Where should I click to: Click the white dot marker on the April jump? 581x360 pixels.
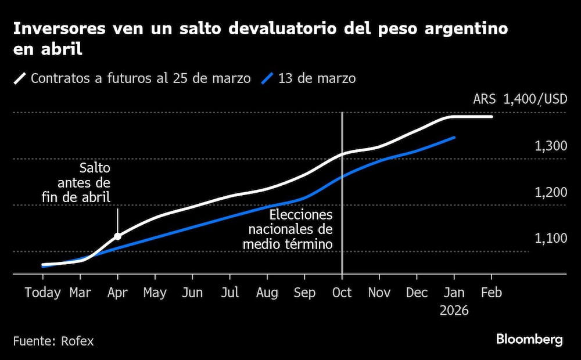[117, 236]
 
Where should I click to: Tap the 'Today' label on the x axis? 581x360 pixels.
[42, 293]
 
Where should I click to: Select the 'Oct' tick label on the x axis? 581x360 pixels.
[342, 293]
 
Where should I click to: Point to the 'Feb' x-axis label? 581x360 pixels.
[492, 293]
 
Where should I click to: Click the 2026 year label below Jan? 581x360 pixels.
[454, 311]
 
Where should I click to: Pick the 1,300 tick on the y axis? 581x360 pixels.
[551, 146]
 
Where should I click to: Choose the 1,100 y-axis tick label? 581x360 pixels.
[551, 239]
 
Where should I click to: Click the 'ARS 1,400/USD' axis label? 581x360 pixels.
[519, 99]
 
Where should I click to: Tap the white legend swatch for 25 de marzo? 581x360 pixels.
[20, 78]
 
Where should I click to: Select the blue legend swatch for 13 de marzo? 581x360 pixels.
[267, 78]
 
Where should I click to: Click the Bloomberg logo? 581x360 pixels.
[529, 340]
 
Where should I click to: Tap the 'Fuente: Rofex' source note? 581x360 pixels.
[53, 341]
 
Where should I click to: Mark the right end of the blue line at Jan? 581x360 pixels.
[454, 138]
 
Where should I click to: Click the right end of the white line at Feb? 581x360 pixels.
[492, 117]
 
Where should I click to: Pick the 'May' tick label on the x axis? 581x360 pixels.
[155, 293]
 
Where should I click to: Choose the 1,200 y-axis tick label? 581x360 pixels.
[551, 192]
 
